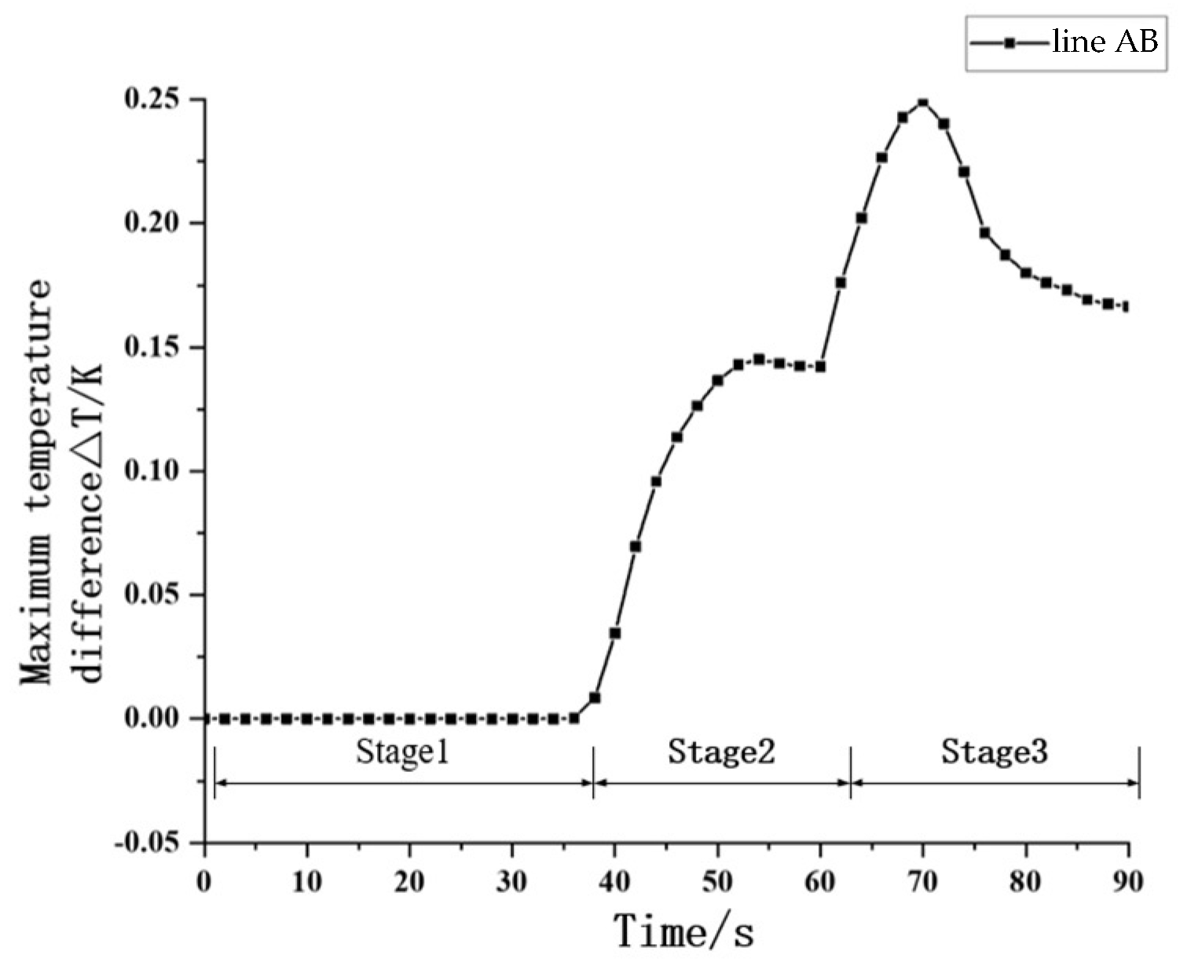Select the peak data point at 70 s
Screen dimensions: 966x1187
(923, 103)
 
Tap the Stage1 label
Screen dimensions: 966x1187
(402, 752)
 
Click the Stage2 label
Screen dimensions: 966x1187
(721, 752)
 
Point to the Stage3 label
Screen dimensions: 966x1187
(995, 752)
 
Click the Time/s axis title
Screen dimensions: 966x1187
(683, 932)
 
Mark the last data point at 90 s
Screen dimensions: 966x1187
(1127, 307)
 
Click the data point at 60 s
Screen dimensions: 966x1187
(820, 367)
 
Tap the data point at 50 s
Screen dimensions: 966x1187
(717, 380)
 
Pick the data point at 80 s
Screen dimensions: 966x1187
(1026, 273)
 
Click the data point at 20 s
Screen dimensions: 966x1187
(410, 719)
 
